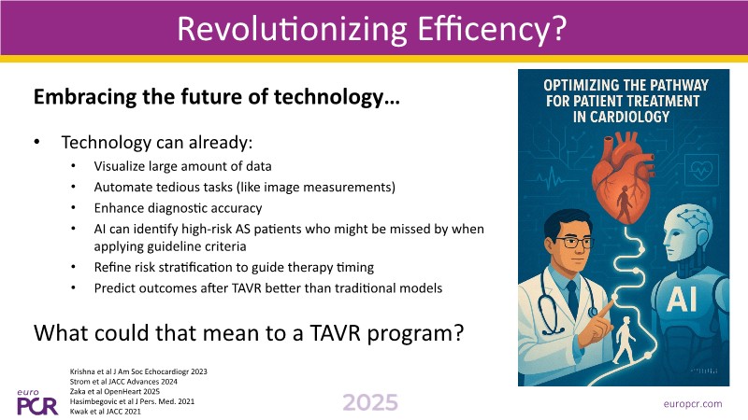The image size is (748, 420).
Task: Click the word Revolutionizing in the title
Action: click(x=292, y=29)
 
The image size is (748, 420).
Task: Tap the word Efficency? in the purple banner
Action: click(x=492, y=29)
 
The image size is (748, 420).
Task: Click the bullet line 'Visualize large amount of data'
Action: click(x=182, y=166)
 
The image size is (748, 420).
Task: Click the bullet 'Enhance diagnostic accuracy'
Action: click(x=178, y=208)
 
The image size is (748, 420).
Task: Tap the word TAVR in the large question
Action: click(x=335, y=333)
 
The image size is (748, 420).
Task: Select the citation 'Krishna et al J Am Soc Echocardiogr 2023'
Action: click(x=138, y=371)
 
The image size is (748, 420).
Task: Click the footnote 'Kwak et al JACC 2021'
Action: click(x=106, y=412)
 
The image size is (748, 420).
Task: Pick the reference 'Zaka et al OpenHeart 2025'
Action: click(x=114, y=391)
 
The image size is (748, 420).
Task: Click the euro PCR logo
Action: click(x=37, y=403)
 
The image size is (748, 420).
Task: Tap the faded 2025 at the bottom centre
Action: click(x=370, y=403)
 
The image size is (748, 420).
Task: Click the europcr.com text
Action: click(x=693, y=404)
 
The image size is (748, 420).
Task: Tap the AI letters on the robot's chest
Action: click(x=682, y=299)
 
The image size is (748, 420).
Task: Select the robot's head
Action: click(x=688, y=233)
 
